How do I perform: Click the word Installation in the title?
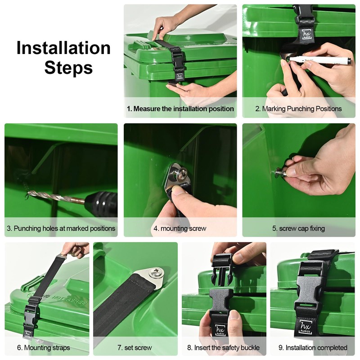click(x=63, y=48)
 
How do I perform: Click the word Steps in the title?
click(x=68, y=67)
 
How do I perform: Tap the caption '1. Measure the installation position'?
click(x=180, y=109)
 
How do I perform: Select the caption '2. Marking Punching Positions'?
click(x=298, y=109)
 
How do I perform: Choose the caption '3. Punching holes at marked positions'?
click(x=61, y=229)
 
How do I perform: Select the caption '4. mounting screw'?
click(x=180, y=229)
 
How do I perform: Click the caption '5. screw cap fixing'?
click(x=298, y=229)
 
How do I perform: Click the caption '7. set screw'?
click(x=135, y=348)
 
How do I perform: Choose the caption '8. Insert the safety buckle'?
click(x=224, y=348)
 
